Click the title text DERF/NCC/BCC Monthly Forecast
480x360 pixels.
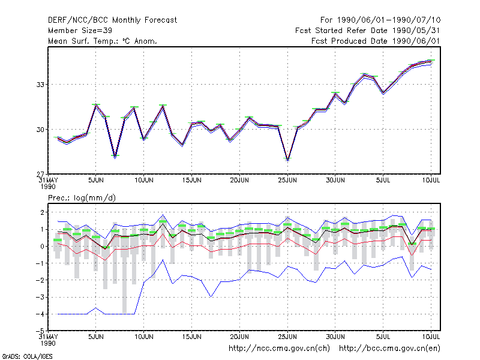click(112, 20)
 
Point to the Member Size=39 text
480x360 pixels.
click(80, 31)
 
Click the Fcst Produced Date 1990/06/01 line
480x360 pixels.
click(376, 41)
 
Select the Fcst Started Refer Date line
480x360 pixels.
click(367, 31)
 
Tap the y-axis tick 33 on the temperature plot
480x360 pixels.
click(40, 85)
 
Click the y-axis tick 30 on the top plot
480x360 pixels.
click(40, 130)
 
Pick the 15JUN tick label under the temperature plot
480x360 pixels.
click(191, 181)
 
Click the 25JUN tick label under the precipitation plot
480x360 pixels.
click(287, 337)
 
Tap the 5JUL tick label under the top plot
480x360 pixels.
click(383, 181)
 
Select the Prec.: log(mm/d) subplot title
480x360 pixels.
click(82, 198)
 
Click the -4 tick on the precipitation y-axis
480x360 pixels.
click(40, 314)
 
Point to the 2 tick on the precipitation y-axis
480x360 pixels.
click(42, 212)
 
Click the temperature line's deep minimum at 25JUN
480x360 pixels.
click(287, 160)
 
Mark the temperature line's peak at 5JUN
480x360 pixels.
click(96, 104)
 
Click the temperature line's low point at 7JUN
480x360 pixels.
click(115, 157)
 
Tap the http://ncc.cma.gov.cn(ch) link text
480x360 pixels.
click(279, 349)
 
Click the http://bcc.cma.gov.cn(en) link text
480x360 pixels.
click(389, 349)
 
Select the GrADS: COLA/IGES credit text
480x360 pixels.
click(27, 356)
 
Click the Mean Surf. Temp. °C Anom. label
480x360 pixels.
click(103, 41)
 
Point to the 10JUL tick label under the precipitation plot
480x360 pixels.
click(431, 337)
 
